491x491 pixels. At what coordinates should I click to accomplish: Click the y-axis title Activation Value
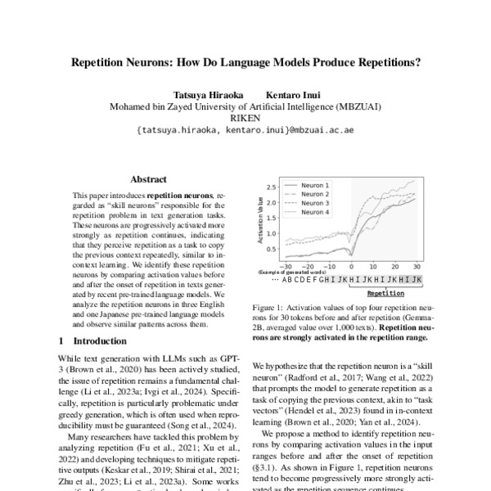click(x=261, y=221)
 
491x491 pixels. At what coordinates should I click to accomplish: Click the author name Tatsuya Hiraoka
click(x=206, y=93)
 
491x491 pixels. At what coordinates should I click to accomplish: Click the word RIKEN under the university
click(x=245, y=118)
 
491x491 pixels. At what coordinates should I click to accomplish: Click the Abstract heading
click(x=148, y=180)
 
